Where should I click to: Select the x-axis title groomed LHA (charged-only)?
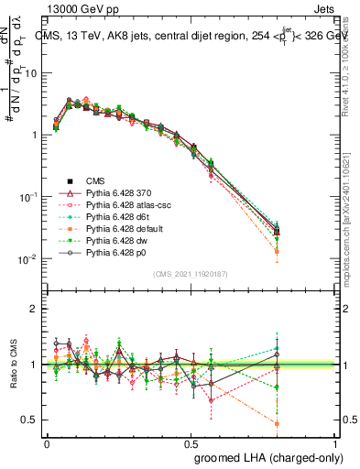point(265,456)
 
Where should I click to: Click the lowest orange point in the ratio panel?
point(277,423)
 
